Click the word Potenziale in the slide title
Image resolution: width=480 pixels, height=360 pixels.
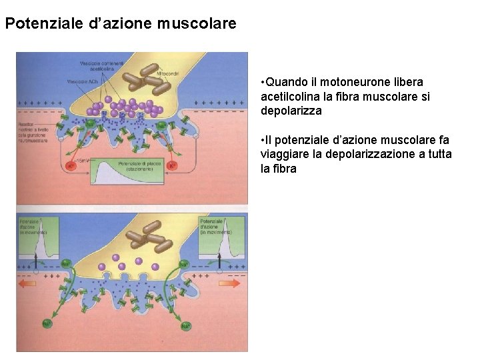click(x=43, y=24)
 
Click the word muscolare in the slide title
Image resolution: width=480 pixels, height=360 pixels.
click(x=197, y=24)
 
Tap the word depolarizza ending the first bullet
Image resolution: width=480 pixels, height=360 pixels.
click(x=291, y=111)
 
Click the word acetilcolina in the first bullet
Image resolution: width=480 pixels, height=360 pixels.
click(x=289, y=97)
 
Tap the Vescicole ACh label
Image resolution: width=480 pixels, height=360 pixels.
click(x=82, y=81)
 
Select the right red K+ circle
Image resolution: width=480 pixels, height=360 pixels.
click(x=173, y=165)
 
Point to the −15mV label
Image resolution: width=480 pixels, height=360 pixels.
click(x=83, y=160)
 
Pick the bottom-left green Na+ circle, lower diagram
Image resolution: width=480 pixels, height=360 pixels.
click(x=47, y=325)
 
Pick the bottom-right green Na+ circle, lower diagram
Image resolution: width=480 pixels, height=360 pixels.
click(x=185, y=326)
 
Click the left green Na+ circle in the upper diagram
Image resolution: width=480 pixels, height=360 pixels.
click(x=90, y=124)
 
